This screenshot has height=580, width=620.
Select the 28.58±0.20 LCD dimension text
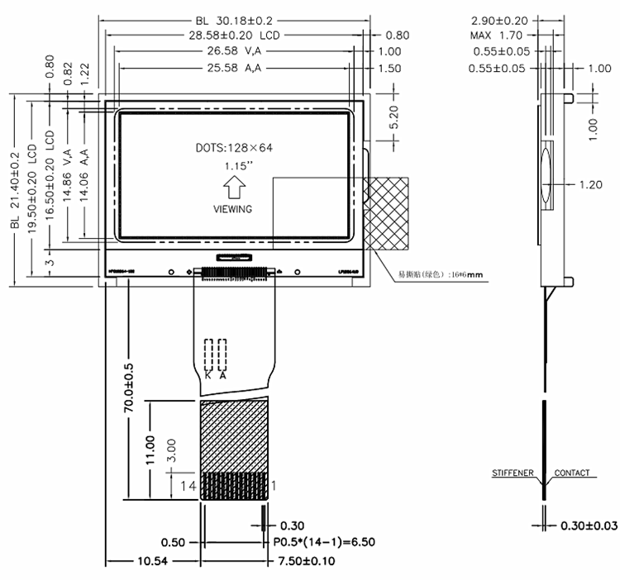pos(234,36)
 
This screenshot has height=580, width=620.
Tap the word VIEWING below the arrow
pos(233,209)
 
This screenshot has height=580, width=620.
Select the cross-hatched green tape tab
pos(388,213)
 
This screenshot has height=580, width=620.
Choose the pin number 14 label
pos(188,487)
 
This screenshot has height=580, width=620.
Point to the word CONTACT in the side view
pos(572,473)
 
